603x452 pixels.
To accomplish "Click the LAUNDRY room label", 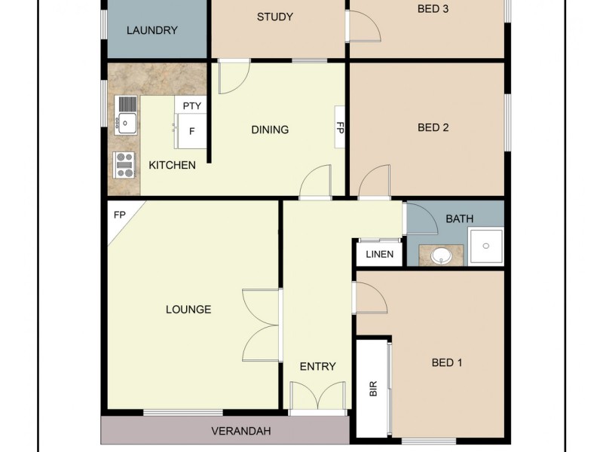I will point(152,31).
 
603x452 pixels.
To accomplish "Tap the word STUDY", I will point(274,17).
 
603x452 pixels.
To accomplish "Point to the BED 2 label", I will point(433,128).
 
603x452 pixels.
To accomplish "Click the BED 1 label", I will point(447,362).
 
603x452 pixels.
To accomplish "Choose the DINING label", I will point(270,130).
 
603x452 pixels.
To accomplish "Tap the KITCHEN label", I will point(172,165).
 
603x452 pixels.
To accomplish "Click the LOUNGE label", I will point(188,309).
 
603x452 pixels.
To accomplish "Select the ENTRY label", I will point(317,367).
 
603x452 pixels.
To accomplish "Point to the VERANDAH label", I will point(240,432).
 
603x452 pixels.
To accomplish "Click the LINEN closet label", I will point(379,254).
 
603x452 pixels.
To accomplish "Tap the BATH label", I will point(460,219).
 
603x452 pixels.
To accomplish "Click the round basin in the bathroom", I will point(441,256).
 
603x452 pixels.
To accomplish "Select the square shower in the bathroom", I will point(485,246).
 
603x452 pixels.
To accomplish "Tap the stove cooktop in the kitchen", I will point(124,164).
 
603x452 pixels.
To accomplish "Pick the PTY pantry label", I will point(192,106).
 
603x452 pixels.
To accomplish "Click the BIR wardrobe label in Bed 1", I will point(373,389).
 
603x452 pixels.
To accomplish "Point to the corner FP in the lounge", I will point(118,215).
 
